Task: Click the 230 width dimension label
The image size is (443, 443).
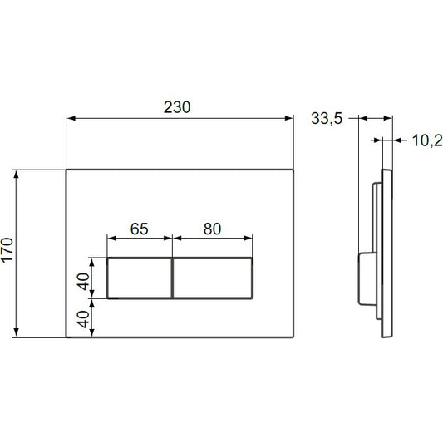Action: pyautogui.click(x=177, y=107)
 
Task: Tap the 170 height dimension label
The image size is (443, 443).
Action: pyautogui.click(x=7, y=250)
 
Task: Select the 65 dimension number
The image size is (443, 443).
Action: pyautogui.click(x=140, y=229)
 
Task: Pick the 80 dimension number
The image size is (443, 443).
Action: pyautogui.click(x=212, y=229)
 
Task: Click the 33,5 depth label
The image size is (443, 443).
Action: pyautogui.click(x=327, y=118)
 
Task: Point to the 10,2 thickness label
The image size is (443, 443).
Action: pyautogui.click(x=427, y=140)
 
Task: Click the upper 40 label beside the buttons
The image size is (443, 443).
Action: pyautogui.click(x=84, y=282)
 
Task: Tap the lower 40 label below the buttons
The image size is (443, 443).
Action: pyautogui.click(x=84, y=319)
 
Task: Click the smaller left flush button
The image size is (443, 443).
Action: pyautogui.click(x=140, y=278)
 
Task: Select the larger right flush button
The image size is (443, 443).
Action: pyautogui.click(x=213, y=278)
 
